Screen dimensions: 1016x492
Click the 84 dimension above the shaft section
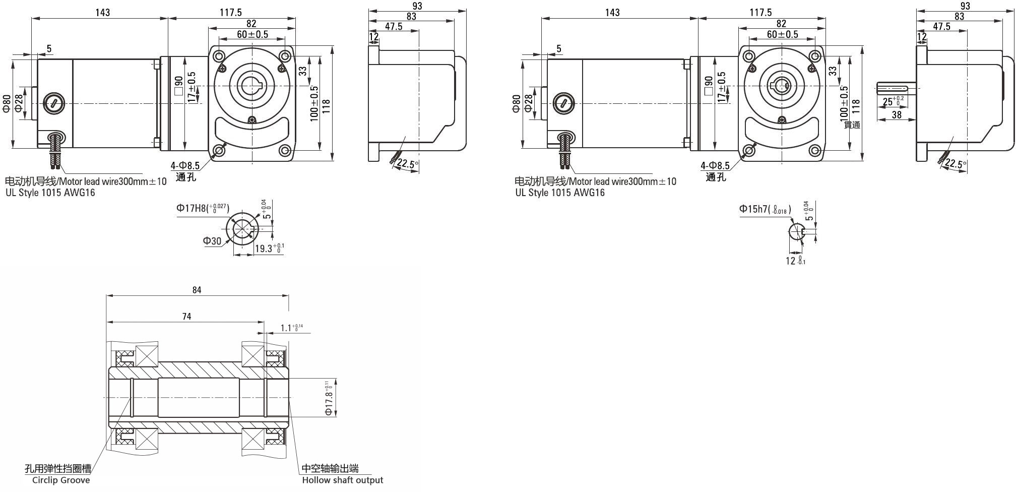point(197,290)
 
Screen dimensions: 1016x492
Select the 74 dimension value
point(186,317)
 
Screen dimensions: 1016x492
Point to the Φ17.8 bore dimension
point(329,398)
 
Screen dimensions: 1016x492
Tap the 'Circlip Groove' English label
point(61,480)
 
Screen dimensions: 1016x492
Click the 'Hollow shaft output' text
point(343,480)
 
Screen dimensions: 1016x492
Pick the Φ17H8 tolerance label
point(203,208)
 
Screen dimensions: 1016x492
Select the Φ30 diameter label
point(212,241)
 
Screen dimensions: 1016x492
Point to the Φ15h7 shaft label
point(765,209)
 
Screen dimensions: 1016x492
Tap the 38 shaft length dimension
point(897,114)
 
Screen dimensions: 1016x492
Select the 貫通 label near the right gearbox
point(852,125)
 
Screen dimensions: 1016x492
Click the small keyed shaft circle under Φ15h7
point(797,232)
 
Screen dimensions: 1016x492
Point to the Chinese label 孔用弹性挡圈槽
point(58,469)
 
